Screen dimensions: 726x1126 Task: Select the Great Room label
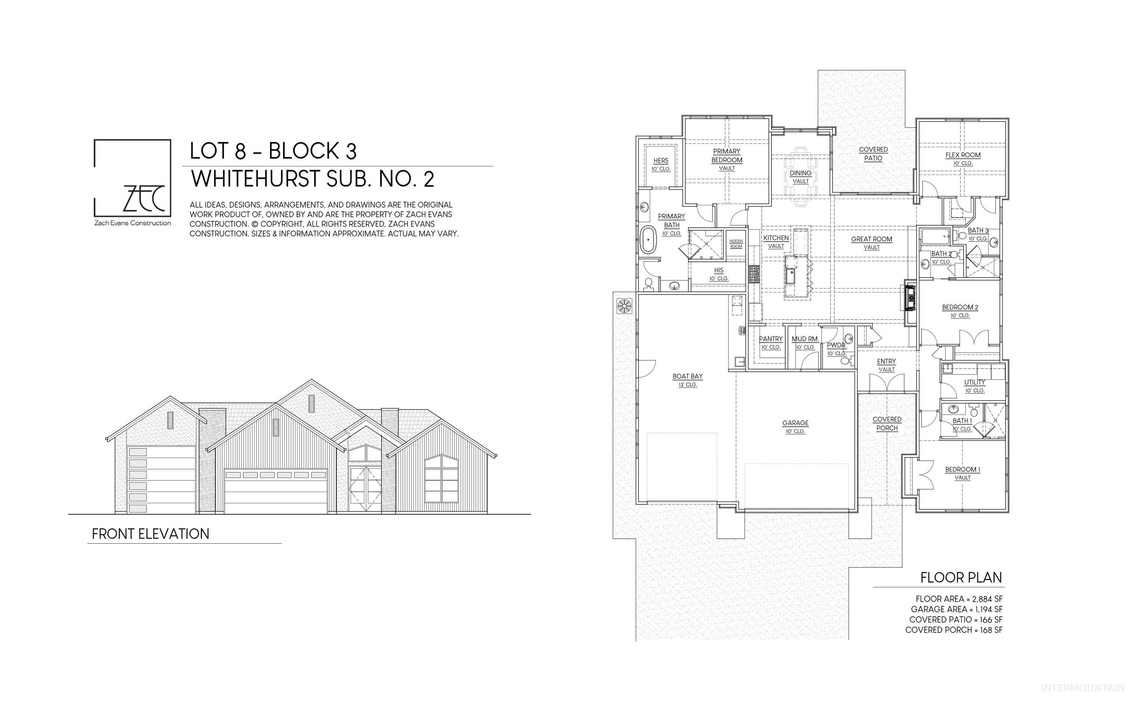(871, 239)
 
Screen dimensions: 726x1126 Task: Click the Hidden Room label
(736, 244)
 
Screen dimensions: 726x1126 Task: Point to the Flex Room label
(963, 155)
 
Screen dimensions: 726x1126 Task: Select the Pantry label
(770, 339)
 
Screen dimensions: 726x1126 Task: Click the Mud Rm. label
(805, 339)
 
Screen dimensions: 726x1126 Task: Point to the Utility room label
(974, 382)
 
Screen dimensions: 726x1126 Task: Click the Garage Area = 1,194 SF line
(956, 609)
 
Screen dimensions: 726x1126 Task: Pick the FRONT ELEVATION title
(150, 534)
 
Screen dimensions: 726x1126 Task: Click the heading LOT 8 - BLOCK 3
(273, 151)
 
